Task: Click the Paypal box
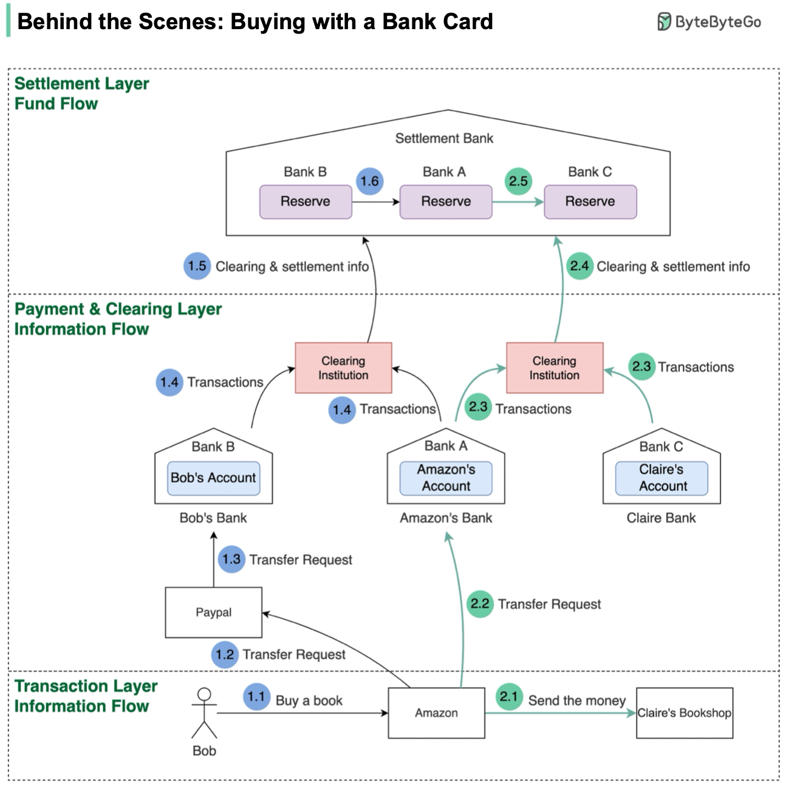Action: click(x=213, y=612)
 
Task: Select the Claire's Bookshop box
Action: click(x=685, y=713)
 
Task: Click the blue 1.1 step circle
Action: click(x=256, y=697)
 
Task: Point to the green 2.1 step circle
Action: click(x=508, y=697)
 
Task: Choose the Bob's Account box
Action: click(x=213, y=478)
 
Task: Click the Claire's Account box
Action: click(x=661, y=478)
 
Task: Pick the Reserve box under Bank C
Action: click(x=590, y=202)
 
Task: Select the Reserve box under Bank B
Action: click(x=306, y=202)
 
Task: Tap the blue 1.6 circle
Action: click(x=369, y=181)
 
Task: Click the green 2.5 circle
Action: click(x=518, y=181)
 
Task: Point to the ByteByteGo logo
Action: click(x=709, y=22)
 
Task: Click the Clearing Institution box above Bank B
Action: click(x=343, y=368)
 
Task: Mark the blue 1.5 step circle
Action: click(x=197, y=266)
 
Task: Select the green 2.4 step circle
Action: click(x=579, y=266)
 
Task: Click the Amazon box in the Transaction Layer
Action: click(x=436, y=713)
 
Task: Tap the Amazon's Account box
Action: click(x=446, y=478)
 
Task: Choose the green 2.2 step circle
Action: click(x=480, y=604)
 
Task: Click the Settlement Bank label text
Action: click(x=444, y=138)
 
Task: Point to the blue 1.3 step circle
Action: click(x=231, y=559)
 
